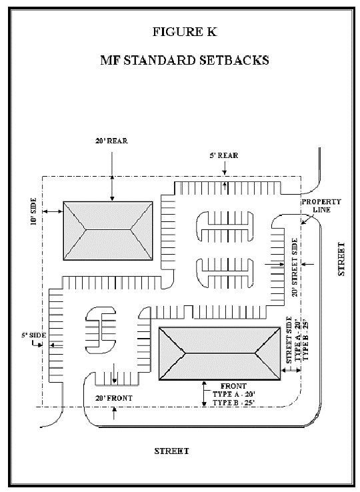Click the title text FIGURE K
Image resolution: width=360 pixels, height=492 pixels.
coord(185,32)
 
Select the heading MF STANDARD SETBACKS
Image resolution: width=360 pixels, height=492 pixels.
coord(185,60)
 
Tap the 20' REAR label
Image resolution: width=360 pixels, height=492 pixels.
coord(112,141)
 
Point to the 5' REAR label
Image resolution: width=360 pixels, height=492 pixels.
coord(224,155)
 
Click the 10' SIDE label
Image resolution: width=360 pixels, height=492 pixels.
coord(34,211)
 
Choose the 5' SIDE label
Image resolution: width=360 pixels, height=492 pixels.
coord(34,335)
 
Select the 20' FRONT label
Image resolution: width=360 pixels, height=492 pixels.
coord(114,398)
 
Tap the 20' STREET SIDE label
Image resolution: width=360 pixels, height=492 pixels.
coord(295,267)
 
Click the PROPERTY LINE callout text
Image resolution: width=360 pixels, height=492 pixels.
coord(321,206)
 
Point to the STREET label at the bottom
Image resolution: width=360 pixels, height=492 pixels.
coord(172,451)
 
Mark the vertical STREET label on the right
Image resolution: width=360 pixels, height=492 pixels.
coord(341,259)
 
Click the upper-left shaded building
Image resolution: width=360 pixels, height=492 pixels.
coord(108,231)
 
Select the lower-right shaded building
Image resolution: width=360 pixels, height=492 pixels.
coord(220,353)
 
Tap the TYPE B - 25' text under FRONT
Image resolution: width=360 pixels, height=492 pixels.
coord(233,403)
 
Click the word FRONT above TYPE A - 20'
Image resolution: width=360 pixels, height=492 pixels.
coord(233,386)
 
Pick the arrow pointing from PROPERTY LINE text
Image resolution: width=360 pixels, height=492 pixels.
coord(307,219)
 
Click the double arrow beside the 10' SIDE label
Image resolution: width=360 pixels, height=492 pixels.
coord(53,211)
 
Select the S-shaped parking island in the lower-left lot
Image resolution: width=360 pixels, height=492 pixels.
coord(101,330)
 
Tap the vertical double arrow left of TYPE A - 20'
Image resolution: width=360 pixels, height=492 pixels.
coord(204,394)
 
